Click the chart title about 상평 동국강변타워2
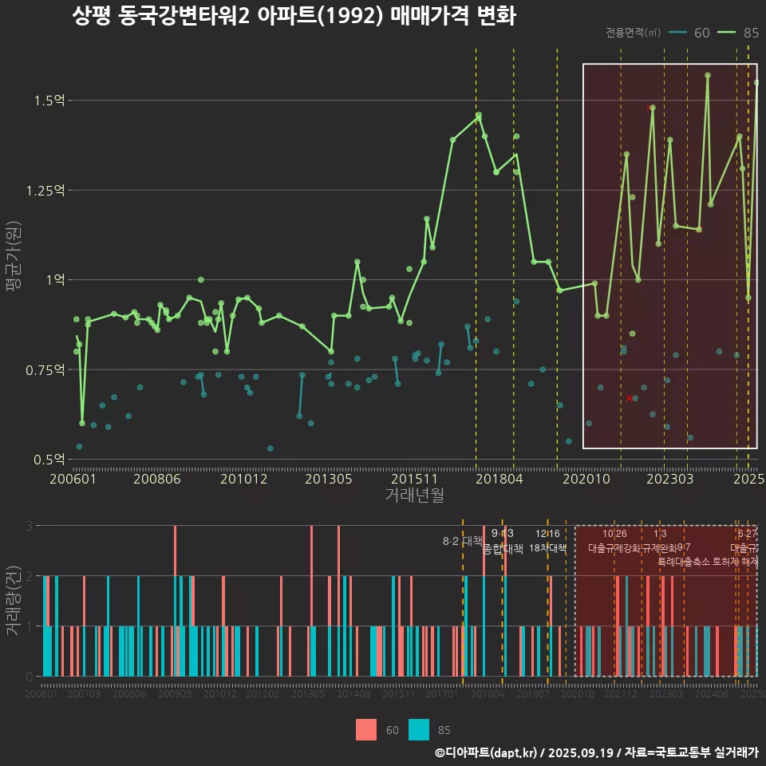pyautogui.click(x=294, y=17)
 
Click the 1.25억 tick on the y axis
pyautogui.click(x=45, y=190)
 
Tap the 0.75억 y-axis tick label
pyautogui.click(x=45, y=369)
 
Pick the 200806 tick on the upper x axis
pyautogui.click(x=156, y=479)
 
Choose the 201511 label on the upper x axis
pyautogui.click(x=414, y=479)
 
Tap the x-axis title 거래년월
pyautogui.click(x=415, y=496)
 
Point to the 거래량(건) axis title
pyautogui.click(x=14, y=600)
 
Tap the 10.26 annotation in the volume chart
pyautogui.click(x=614, y=534)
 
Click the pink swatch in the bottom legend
pyautogui.click(x=366, y=729)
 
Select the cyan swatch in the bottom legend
pyautogui.click(x=419, y=729)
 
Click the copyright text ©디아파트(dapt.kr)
pyautogui.click(x=487, y=752)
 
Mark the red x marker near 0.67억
pyautogui.click(x=630, y=397)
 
